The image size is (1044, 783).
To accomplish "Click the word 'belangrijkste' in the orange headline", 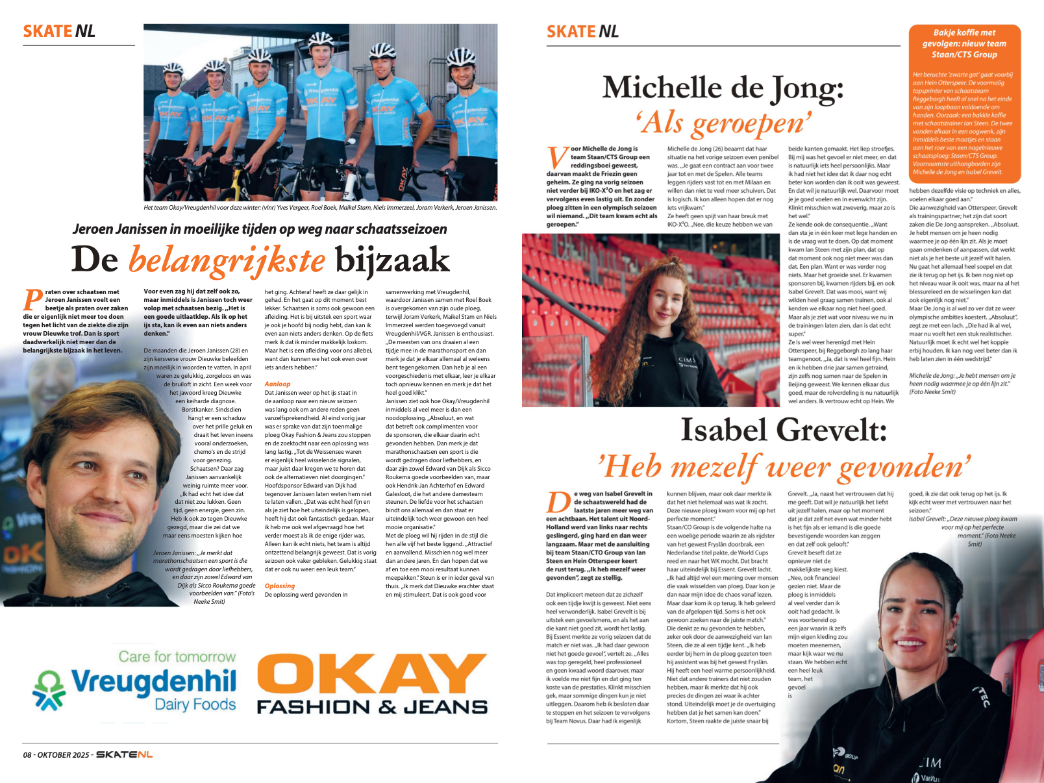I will coord(227,261).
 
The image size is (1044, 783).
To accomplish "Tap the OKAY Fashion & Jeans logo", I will coord(372,683).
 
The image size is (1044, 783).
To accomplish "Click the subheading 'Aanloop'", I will coord(277,384).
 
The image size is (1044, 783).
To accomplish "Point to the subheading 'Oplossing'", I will coord(280,586).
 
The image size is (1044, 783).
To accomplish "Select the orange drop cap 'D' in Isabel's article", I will coord(558,504).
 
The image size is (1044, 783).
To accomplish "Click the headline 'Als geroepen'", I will coord(723,122).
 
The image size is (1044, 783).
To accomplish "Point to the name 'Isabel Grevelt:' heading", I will coord(783,430).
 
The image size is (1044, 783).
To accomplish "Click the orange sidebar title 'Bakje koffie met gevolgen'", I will coord(964,43).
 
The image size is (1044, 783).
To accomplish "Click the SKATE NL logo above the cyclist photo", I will coord(59,31).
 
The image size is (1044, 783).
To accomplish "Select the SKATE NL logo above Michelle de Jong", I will coord(582,32).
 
